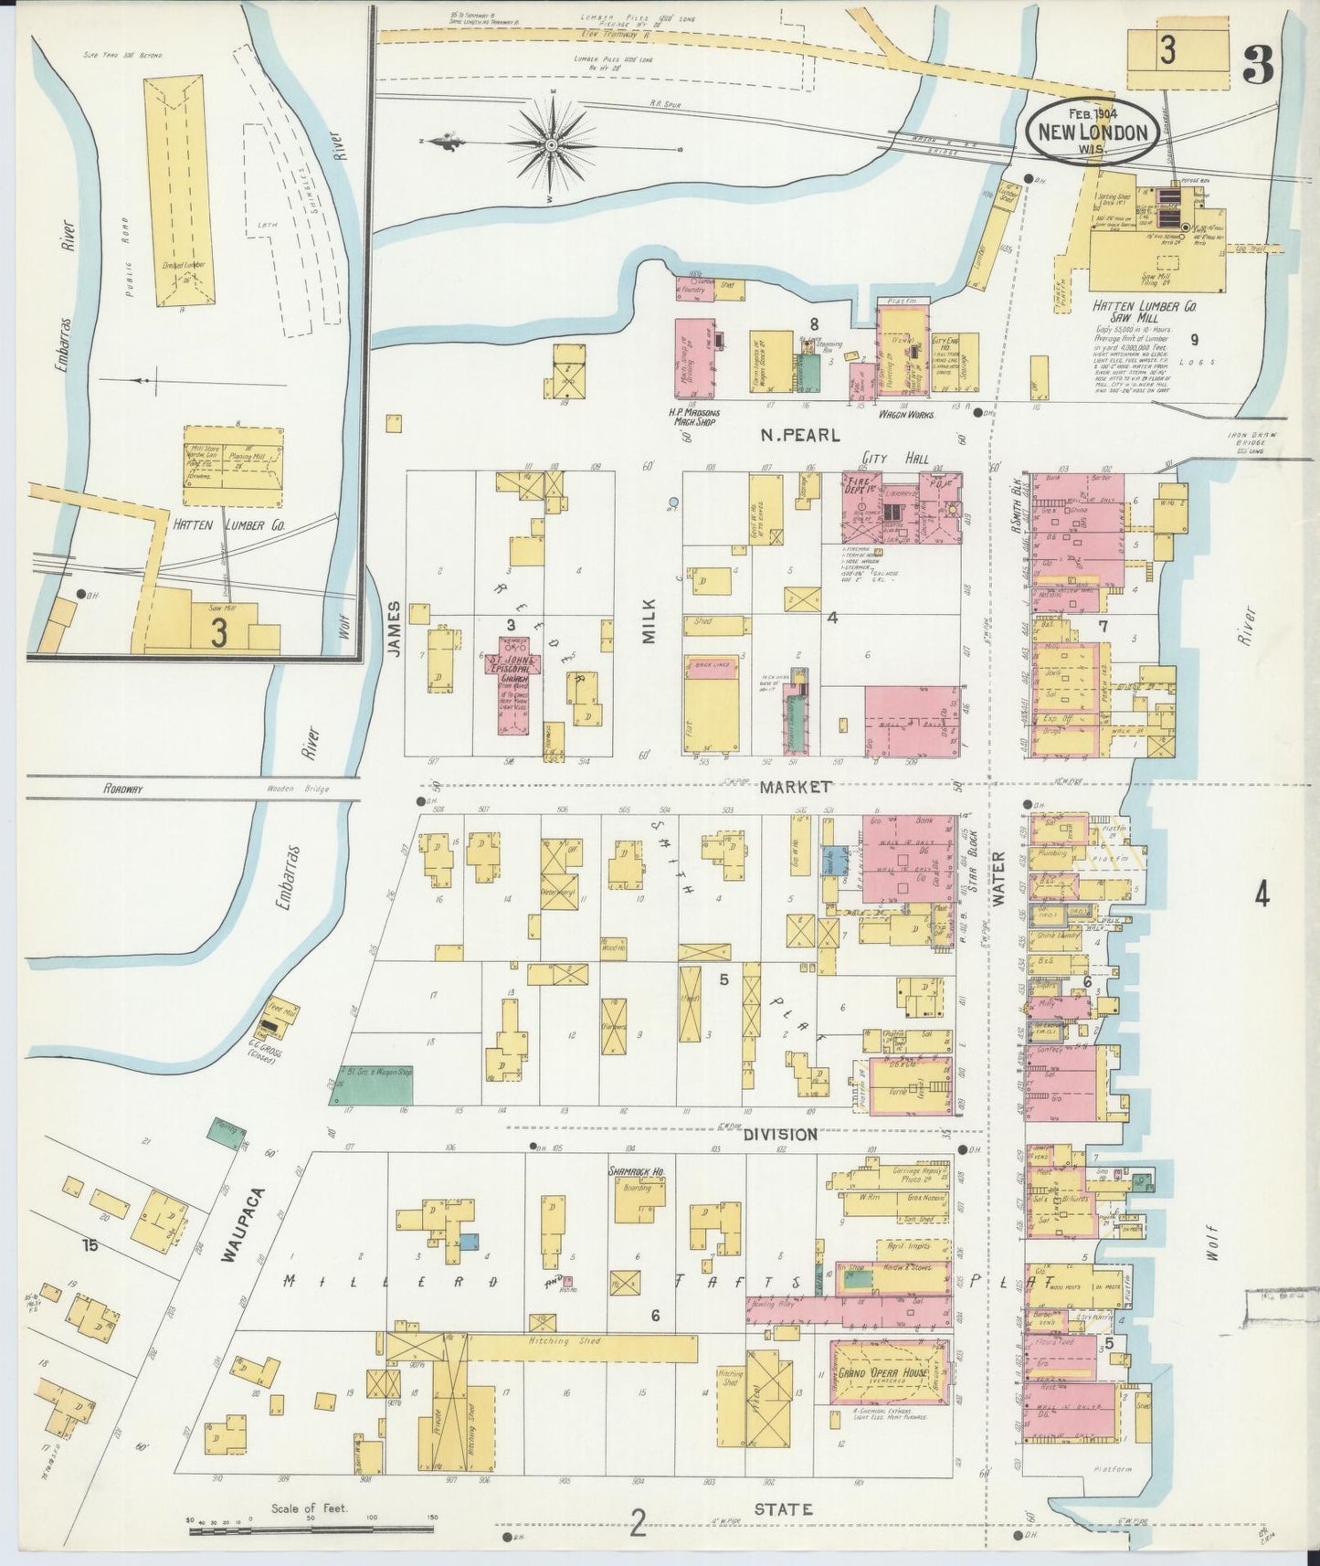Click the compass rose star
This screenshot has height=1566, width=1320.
click(553, 144)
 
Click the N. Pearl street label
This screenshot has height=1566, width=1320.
click(801, 436)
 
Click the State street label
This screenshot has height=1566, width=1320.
click(784, 1509)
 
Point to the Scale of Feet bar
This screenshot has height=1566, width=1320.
click(311, 1520)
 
